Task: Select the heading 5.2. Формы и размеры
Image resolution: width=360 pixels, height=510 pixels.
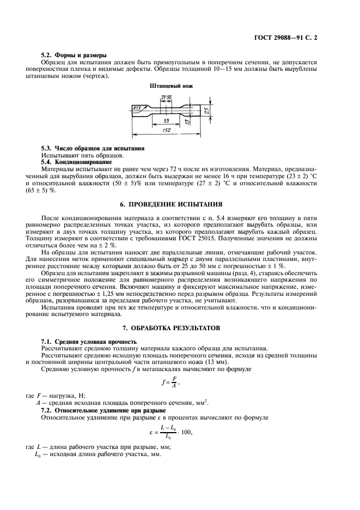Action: [74, 55]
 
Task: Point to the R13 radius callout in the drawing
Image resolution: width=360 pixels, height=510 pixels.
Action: [137, 108]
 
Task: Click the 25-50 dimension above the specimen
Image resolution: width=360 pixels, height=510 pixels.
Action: [166, 98]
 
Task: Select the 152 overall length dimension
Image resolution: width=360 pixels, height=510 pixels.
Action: [166, 130]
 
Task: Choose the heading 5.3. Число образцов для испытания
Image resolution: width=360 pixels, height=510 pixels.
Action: [93, 148]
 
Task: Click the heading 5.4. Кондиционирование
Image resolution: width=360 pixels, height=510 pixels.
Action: [77, 162]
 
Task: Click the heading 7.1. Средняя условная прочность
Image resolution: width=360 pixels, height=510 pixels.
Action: [90, 341]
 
